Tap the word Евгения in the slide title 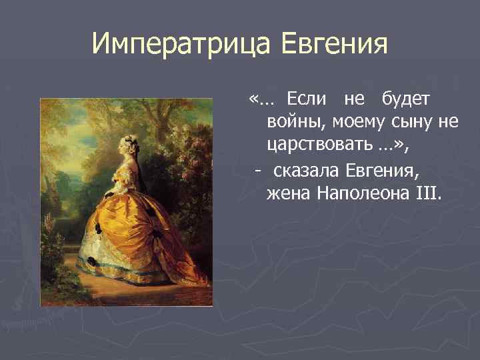pyautogui.click(x=334, y=45)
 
